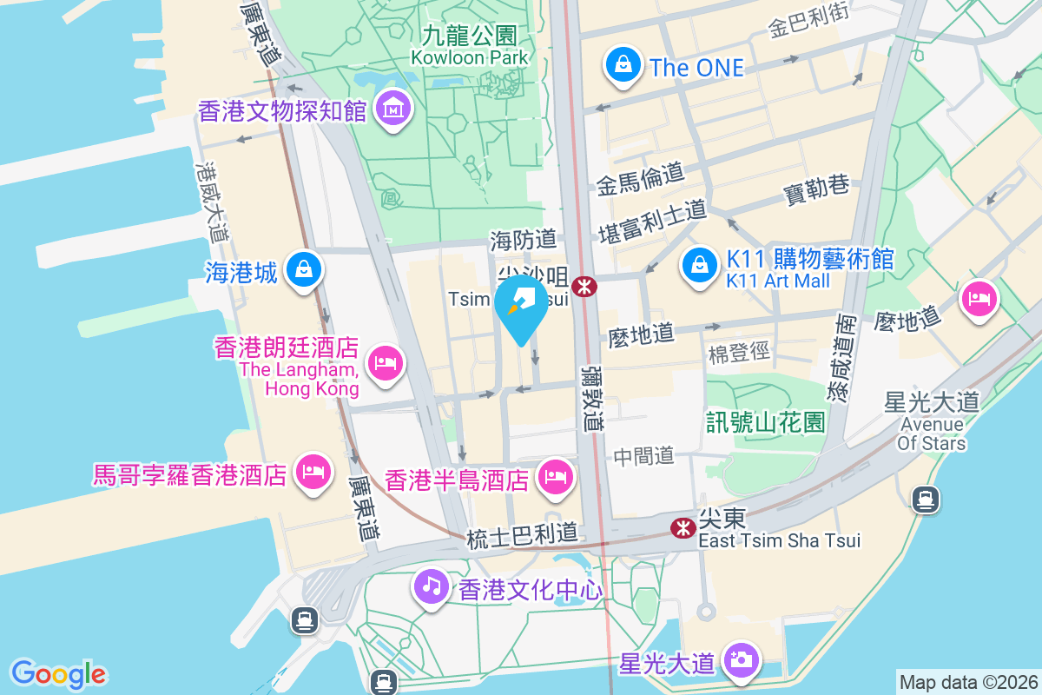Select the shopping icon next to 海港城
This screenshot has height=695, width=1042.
coord(304,270)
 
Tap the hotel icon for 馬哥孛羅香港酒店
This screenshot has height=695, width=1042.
coord(312,472)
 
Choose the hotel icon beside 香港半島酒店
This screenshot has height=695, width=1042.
coord(554,476)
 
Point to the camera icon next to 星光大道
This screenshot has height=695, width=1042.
coord(741,659)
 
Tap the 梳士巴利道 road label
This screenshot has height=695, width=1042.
coord(522,539)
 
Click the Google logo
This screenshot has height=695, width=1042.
coord(59,673)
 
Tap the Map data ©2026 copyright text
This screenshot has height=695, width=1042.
coord(967,682)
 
